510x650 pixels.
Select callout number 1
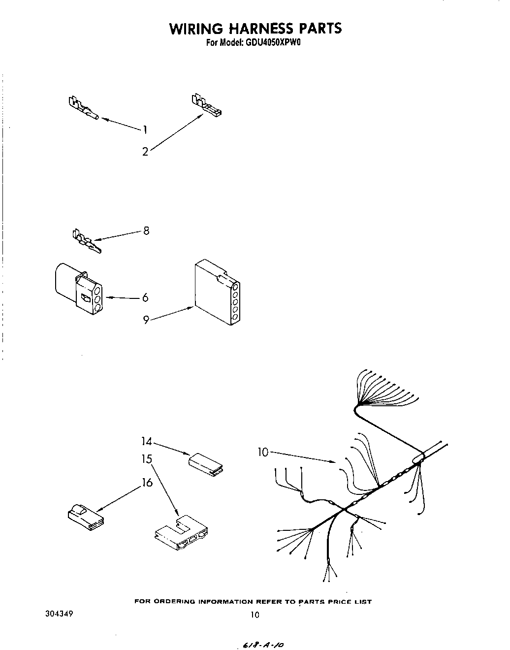click(145, 130)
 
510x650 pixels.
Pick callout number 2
click(145, 152)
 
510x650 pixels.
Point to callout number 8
click(146, 230)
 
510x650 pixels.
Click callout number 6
click(145, 297)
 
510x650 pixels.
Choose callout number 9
click(146, 320)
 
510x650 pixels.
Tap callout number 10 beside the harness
click(263, 452)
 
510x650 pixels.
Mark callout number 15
click(147, 459)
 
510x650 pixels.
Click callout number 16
click(147, 483)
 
